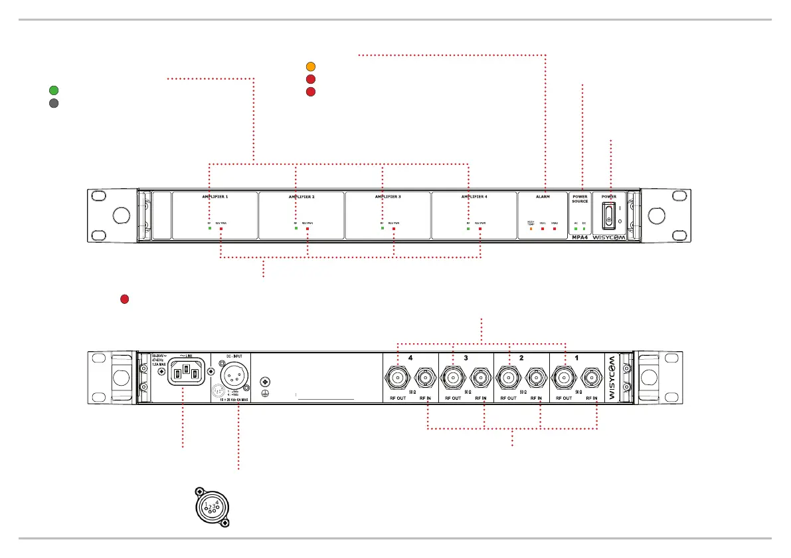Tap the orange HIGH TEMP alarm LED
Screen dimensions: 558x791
(x=531, y=229)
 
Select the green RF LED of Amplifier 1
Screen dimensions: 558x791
(x=209, y=229)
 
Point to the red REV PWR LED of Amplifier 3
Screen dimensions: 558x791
(x=394, y=229)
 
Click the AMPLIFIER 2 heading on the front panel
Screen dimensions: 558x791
(x=302, y=198)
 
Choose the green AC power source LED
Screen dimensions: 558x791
(x=576, y=229)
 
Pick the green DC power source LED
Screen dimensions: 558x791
(x=584, y=229)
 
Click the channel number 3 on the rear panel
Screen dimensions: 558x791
(x=466, y=358)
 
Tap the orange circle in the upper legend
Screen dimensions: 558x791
(x=310, y=67)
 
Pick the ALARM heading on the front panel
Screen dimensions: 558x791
(x=543, y=198)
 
